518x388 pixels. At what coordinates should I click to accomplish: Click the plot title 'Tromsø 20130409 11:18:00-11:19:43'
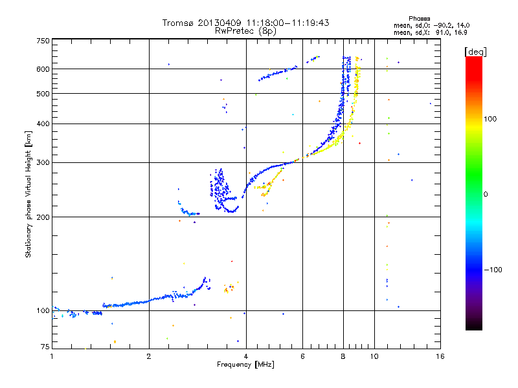click(245, 23)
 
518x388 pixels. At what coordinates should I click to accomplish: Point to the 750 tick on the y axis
click(43, 41)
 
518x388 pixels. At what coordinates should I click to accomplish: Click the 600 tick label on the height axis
click(43, 69)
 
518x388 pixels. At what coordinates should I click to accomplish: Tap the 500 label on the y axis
click(43, 94)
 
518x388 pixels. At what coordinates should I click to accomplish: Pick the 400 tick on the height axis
click(43, 124)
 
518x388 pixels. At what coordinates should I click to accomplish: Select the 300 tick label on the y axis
click(43, 163)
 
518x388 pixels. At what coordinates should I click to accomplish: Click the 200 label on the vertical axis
click(43, 217)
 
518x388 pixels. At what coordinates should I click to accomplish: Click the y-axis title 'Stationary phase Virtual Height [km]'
click(28, 194)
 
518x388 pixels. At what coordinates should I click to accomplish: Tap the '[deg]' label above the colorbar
click(476, 51)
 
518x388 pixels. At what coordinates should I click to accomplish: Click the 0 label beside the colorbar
click(486, 194)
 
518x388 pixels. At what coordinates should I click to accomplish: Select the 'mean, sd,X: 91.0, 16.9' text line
click(430, 31)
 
